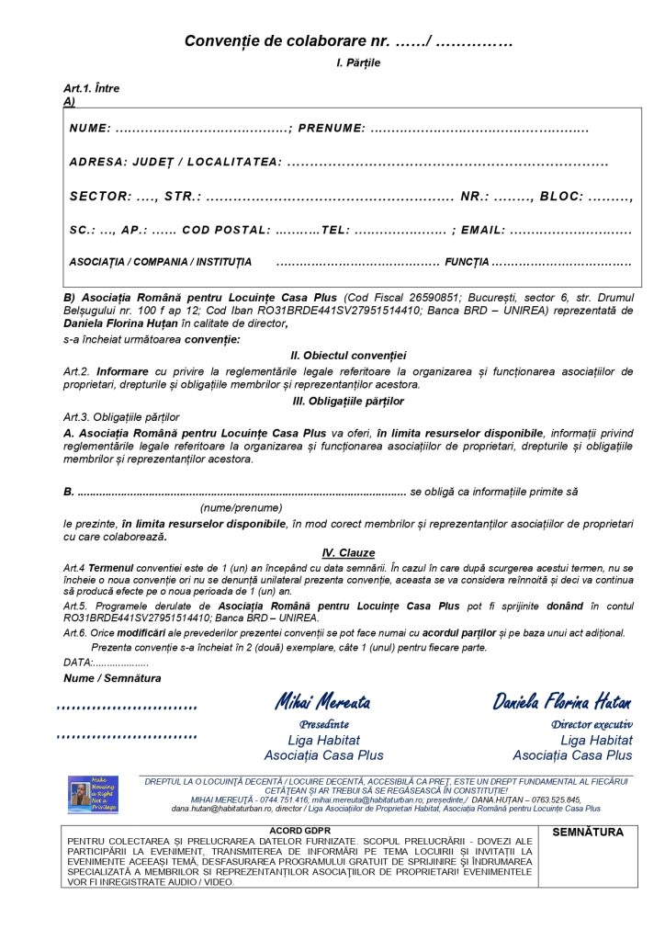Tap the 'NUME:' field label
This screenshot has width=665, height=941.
[90, 129]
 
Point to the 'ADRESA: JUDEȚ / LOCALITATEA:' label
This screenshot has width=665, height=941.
[175, 163]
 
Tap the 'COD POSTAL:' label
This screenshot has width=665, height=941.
[226, 230]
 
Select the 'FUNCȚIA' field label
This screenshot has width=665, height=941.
[467, 263]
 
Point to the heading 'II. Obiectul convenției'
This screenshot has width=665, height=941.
[348, 356]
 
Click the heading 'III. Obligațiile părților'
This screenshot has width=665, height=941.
[347, 402]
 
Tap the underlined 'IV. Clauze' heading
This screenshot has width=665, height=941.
[348, 553]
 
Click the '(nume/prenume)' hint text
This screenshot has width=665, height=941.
[241, 507]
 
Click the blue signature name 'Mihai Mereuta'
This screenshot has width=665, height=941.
[322, 703]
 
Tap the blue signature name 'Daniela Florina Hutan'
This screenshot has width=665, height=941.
[561, 703]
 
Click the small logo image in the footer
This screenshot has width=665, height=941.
[93, 795]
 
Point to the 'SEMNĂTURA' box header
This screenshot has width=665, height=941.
[588, 833]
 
